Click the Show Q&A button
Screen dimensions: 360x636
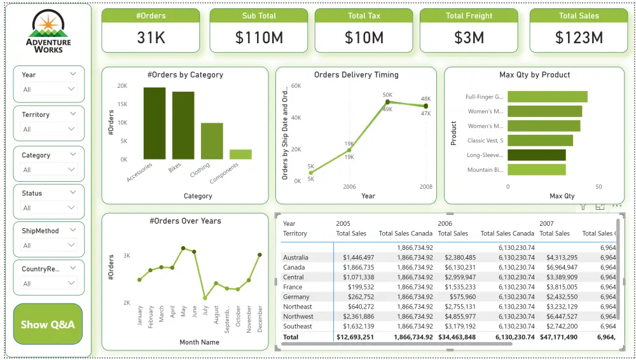[x=48, y=324]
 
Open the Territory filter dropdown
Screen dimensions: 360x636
[x=48, y=129]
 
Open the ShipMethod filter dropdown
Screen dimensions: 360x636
[x=48, y=246]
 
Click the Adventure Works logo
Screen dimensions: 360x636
[x=48, y=32]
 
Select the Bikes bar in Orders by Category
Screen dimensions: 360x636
[x=183, y=125]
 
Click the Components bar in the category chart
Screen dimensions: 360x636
[x=240, y=154]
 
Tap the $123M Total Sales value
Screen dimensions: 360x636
[x=578, y=38]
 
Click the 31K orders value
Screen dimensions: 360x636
[x=151, y=38]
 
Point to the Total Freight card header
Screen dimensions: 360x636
[x=469, y=16]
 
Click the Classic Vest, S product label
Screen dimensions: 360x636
[x=485, y=141]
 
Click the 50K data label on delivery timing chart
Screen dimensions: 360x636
[x=387, y=95]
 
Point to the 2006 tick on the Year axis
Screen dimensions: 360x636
[x=349, y=187]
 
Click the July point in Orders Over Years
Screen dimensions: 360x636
[x=205, y=298]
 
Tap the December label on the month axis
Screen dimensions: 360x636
[x=259, y=314]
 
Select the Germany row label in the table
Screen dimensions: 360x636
[x=296, y=297]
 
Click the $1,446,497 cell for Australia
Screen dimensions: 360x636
[x=358, y=258]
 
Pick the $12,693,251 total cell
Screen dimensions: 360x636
[x=355, y=337]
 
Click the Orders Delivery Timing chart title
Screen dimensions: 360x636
[x=356, y=75]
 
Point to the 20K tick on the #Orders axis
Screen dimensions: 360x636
[x=121, y=86]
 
